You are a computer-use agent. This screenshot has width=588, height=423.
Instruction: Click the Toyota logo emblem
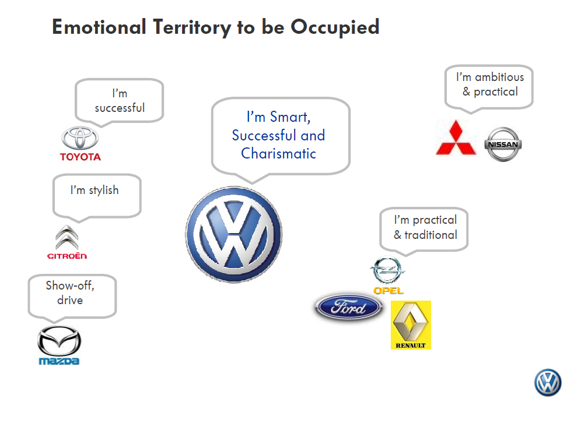click(80, 138)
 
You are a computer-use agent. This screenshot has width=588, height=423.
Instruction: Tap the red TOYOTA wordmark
click(80, 157)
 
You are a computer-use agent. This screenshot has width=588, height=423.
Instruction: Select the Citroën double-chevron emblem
click(66, 237)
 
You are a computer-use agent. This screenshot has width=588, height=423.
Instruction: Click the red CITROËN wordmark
click(67, 256)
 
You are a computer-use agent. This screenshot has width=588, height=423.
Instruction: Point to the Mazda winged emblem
click(60, 341)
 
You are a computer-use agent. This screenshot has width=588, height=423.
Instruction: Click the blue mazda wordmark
click(60, 361)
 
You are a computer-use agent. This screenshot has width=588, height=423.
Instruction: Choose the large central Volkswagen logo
click(233, 235)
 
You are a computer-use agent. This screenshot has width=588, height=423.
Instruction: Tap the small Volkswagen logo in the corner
click(548, 383)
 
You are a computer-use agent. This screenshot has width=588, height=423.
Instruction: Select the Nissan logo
click(503, 144)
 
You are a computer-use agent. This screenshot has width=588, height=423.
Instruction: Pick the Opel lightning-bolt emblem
click(387, 270)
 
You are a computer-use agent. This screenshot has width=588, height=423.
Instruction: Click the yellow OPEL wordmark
click(388, 291)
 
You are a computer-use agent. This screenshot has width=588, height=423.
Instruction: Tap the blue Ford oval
click(349, 308)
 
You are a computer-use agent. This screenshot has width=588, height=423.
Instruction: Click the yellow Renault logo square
click(411, 325)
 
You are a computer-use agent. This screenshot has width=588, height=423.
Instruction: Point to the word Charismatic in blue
click(279, 154)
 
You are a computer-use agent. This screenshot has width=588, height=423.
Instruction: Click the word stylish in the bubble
click(103, 191)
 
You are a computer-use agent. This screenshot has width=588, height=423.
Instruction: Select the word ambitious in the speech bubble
click(499, 77)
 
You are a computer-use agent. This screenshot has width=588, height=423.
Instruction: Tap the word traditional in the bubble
click(431, 235)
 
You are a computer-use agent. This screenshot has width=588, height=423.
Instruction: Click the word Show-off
click(70, 285)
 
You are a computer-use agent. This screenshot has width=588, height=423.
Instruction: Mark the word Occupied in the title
click(335, 27)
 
